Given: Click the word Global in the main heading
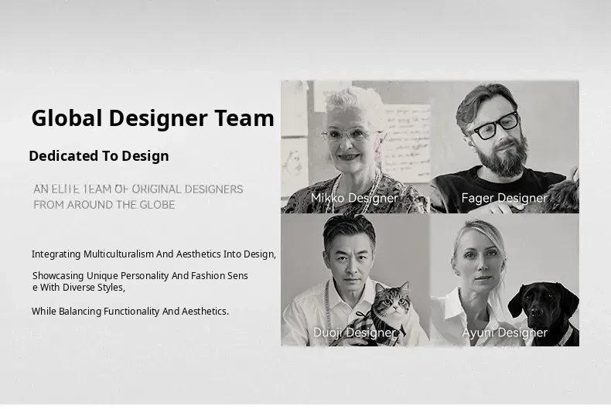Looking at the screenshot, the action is [x=67, y=118].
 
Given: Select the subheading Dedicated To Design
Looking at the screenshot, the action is [x=99, y=156].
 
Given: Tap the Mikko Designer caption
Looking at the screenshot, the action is [x=354, y=198].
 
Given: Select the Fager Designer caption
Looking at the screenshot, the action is [x=504, y=198].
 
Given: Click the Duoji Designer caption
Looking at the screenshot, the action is [x=354, y=332].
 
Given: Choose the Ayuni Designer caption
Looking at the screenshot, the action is [x=504, y=332].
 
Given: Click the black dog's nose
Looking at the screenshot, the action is [x=538, y=311].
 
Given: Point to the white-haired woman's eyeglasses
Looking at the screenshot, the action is [x=350, y=135].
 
